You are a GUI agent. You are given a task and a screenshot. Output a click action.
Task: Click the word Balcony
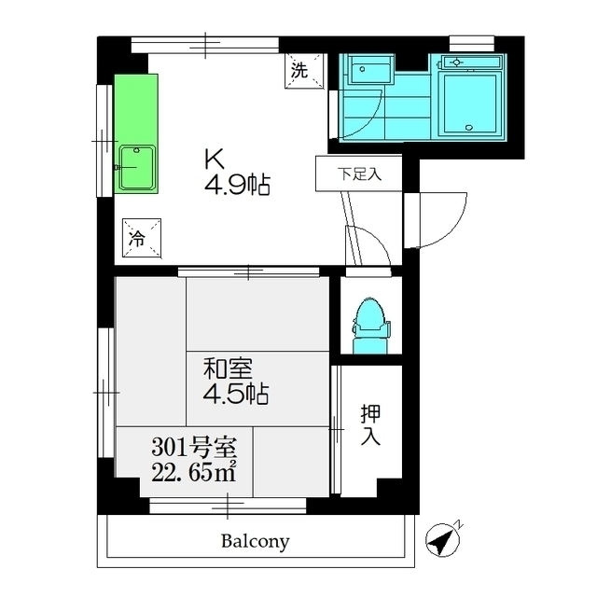[x=255, y=541]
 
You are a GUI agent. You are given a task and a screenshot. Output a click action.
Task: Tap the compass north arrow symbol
[x=443, y=538]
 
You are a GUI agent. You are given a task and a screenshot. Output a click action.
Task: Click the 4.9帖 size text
[x=237, y=186]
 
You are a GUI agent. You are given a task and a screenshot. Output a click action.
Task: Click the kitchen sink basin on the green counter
[x=137, y=167]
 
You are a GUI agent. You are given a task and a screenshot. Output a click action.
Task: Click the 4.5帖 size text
[x=237, y=395]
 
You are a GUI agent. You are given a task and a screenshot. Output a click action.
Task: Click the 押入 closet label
[x=370, y=425]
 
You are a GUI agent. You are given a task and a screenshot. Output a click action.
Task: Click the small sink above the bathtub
[x=467, y=62]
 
